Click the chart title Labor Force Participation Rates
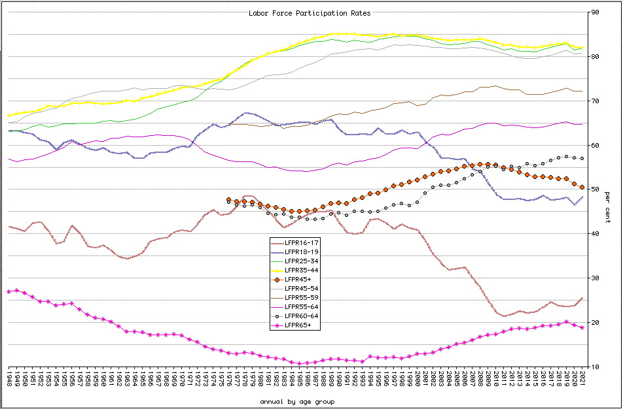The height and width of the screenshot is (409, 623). click(310, 13)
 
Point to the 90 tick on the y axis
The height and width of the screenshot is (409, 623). click(595, 12)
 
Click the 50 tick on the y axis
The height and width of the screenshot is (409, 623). click(595, 189)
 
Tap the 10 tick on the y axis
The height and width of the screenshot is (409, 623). click(595, 367)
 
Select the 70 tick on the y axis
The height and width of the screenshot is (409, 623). click(595, 101)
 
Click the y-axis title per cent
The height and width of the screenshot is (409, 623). click(607, 207)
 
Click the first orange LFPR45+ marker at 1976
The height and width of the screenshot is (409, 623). click(228, 200)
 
